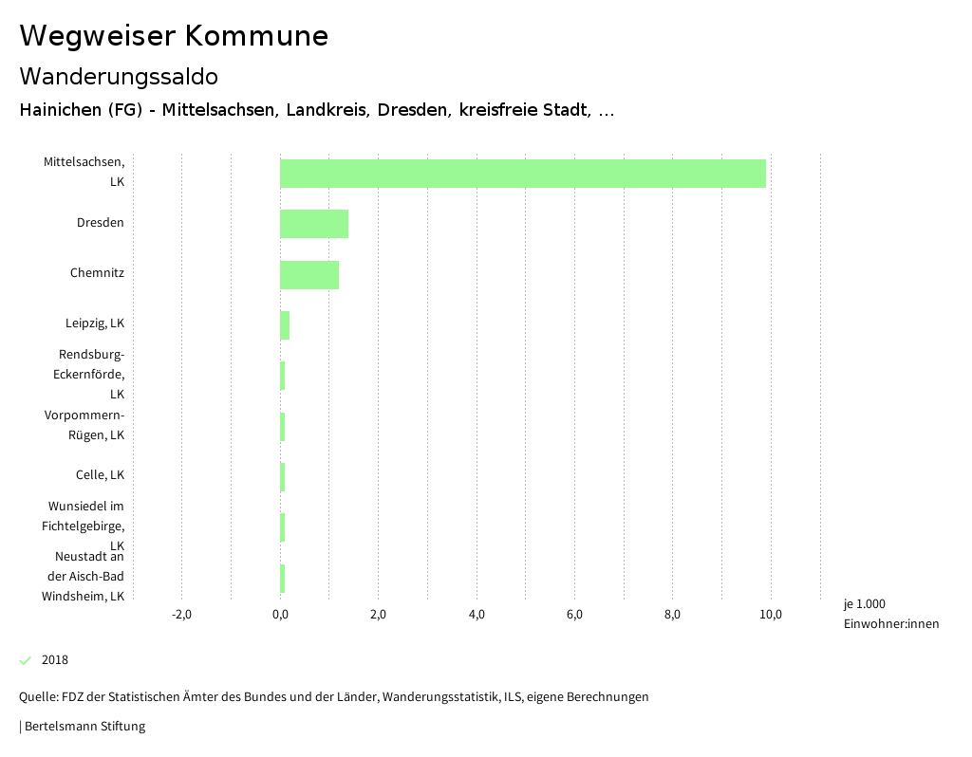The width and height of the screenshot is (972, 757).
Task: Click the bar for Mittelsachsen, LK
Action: click(522, 174)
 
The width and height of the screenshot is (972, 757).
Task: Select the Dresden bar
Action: click(314, 224)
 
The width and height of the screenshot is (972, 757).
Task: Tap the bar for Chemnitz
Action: click(309, 274)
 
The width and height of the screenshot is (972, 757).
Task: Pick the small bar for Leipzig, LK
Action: click(285, 324)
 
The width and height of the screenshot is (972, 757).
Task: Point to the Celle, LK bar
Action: click(283, 476)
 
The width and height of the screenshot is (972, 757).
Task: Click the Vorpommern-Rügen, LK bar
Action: click(283, 426)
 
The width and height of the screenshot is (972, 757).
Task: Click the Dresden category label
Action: click(101, 223)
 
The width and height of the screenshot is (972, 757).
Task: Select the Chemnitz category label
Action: click(97, 273)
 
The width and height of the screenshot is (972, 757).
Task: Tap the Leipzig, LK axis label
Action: click(95, 323)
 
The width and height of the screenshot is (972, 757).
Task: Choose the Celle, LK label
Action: click(100, 475)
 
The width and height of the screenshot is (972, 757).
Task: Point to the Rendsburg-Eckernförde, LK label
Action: click(91, 374)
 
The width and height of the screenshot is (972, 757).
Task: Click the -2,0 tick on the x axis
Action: click(181, 615)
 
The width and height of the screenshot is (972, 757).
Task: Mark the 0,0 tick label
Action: click(280, 615)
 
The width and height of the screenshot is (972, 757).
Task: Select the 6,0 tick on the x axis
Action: click(574, 615)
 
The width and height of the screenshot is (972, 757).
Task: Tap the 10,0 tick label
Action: click(771, 615)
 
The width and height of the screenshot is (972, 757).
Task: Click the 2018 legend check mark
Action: click(26, 660)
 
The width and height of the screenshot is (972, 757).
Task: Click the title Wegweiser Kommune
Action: click(174, 36)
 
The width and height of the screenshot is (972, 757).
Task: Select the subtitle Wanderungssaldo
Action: click(119, 76)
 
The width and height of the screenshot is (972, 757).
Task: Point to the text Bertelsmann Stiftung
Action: click(84, 727)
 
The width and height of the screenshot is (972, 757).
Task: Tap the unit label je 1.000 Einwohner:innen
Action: click(890, 614)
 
